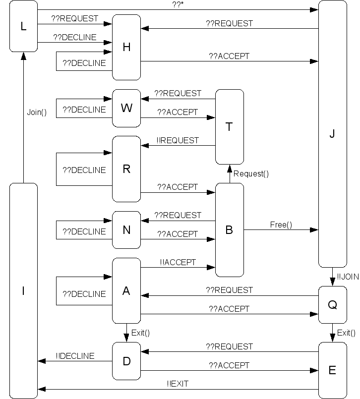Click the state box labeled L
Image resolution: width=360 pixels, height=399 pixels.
(x=23, y=26)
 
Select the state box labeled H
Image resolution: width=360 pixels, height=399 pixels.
(x=126, y=47)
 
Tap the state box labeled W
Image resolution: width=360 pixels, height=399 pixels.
(x=126, y=108)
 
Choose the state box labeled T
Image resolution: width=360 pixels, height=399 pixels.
(x=229, y=127)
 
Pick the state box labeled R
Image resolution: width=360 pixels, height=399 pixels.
(x=126, y=169)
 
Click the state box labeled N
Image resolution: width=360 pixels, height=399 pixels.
(x=126, y=230)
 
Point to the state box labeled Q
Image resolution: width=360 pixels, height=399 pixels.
(x=332, y=305)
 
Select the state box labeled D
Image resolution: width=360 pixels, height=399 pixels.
(x=126, y=361)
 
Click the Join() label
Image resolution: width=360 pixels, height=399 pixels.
(x=37, y=112)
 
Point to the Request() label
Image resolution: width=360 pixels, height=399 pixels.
(x=251, y=173)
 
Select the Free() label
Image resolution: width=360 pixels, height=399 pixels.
(x=281, y=225)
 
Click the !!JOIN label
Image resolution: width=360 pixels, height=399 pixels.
(x=348, y=277)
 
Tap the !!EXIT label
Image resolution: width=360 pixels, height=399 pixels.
(x=178, y=383)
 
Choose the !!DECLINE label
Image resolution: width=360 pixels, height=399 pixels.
(x=75, y=356)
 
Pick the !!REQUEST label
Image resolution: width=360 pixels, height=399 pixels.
(x=178, y=140)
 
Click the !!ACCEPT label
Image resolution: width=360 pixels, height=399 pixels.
(x=178, y=262)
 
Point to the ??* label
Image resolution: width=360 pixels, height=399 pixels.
(x=178, y=4)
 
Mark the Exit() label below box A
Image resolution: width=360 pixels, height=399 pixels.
(x=140, y=333)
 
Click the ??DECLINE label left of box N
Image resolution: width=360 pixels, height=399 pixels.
(x=84, y=231)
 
